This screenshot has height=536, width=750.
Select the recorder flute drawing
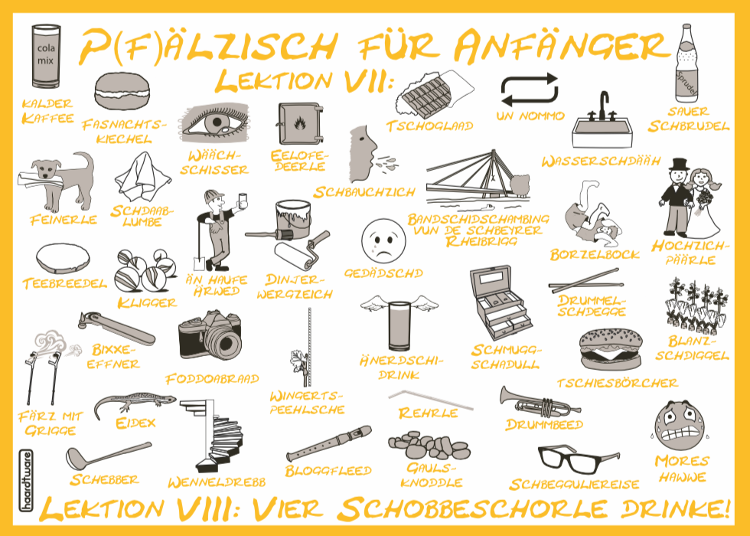coord(329,444)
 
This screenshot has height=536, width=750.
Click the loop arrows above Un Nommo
coord(530,90)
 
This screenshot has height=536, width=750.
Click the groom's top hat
coord(679,165)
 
